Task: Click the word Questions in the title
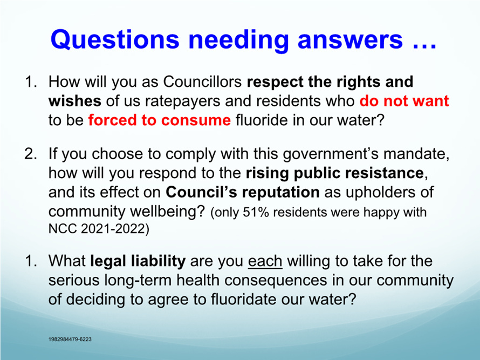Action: point(115,39)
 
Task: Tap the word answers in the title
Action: point(350,40)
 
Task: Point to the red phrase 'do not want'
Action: point(404,101)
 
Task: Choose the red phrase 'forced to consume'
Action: point(160,120)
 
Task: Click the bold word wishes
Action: point(74,101)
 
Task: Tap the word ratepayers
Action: point(183,101)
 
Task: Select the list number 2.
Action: point(30,153)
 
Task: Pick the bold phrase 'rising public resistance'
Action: point(334,173)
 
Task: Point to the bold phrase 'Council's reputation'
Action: point(243,192)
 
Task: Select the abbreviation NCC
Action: point(63,228)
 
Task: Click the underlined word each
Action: point(265,261)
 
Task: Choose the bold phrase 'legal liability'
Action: point(138,261)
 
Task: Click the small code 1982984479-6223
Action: point(70,339)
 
